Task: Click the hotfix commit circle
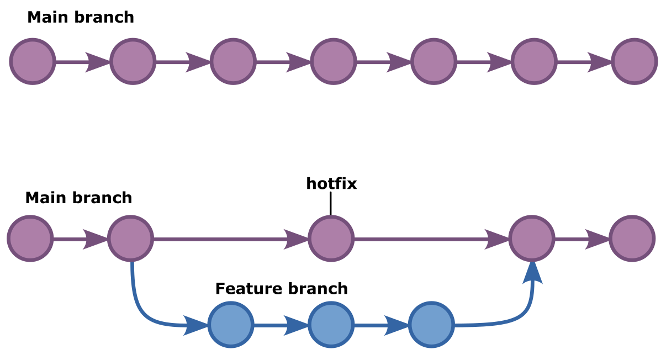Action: tap(331, 239)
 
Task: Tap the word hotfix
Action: tap(331, 184)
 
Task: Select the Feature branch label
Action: tap(281, 289)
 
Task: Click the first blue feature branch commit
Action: tap(231, 325)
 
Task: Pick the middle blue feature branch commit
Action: tap(331, 325)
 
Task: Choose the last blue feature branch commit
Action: tap(431, 325)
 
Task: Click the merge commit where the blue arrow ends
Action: tap(531, 239)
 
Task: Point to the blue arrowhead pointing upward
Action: tap(532, 273)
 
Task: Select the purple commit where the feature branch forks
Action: tap(130, 239)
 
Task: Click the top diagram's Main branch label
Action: tap(81, 18)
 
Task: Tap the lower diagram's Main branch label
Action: tap(78, 198)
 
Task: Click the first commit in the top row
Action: tap(33, 61)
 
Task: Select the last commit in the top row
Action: tap(635, 61)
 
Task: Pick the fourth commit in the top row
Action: tap(333, 61)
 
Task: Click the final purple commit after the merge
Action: tap(632, 239)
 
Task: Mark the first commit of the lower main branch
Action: tap(30, 239)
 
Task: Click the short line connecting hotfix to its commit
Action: tap(331, 203)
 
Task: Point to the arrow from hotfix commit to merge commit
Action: tap(431, 239)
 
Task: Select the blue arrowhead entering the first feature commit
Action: tap(195, 325)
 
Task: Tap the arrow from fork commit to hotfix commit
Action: tap(230, 239)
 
